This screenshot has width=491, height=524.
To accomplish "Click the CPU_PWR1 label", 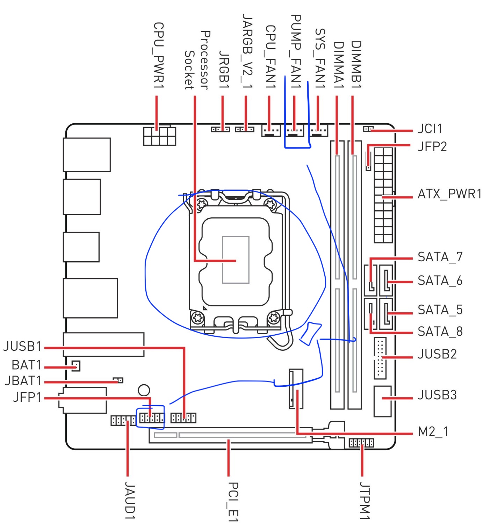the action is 159,56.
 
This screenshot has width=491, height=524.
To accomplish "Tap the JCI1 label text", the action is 429,129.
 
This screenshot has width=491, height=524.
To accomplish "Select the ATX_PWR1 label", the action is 449,194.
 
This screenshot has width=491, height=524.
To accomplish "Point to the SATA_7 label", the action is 440,257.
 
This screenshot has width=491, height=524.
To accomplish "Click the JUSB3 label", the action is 437,395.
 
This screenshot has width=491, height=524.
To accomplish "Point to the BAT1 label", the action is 27,365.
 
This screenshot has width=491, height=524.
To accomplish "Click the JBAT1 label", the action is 23,381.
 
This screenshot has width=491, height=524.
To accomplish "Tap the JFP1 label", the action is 27,397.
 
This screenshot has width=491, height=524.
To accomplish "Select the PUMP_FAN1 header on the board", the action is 294,131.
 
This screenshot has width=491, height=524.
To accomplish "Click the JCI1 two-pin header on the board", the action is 368,129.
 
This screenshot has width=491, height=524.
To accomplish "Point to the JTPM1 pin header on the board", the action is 361,443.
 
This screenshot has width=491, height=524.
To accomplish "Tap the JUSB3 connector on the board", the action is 382,401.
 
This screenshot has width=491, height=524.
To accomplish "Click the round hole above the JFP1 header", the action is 144,390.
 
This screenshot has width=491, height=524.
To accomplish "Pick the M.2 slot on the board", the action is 296,389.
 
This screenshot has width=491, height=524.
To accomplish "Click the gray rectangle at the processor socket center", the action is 236,260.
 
